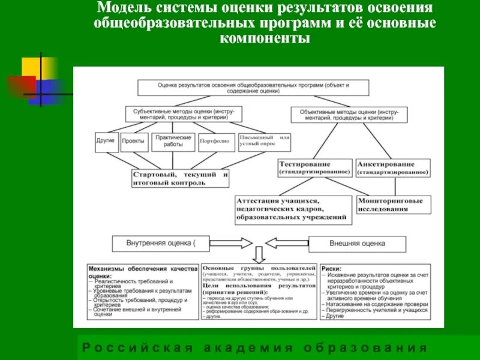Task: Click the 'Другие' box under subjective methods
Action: click(106, 142)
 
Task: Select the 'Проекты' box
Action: click(133, 142)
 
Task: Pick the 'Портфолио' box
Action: click(215, 142)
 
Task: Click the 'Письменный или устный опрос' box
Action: click(264, 142)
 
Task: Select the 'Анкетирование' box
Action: click(392, 167)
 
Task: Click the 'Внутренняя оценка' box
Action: click(161, 244)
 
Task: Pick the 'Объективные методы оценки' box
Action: click(347, 114)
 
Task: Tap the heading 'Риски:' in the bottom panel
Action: click(331, 269)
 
